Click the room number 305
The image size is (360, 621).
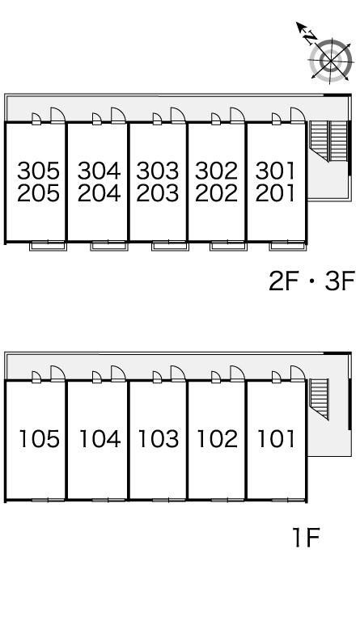tap(38, 171)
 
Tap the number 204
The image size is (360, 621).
tap(99, 193)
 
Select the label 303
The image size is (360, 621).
tap(158, 171)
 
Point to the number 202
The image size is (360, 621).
tap(216, 193)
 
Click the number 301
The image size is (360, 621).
tap(275, 171)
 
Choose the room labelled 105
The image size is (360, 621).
tap(40, 439)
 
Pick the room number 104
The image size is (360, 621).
tap(100, 439)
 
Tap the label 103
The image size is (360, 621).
tap(159, 439)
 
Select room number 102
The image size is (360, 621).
tap(218, 439)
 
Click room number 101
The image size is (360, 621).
tap(277, 439)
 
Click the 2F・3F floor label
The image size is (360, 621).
tap(311, 281)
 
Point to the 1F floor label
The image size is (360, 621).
tap(305, 537)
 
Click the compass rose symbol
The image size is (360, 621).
tap(331, 61)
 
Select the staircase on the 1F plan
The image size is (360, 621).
tap(320, 399)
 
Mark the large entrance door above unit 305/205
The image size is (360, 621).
tap(57, 116)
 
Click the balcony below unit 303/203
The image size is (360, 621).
tap(171, 246)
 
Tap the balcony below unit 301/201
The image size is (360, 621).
tap(288, 246)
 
